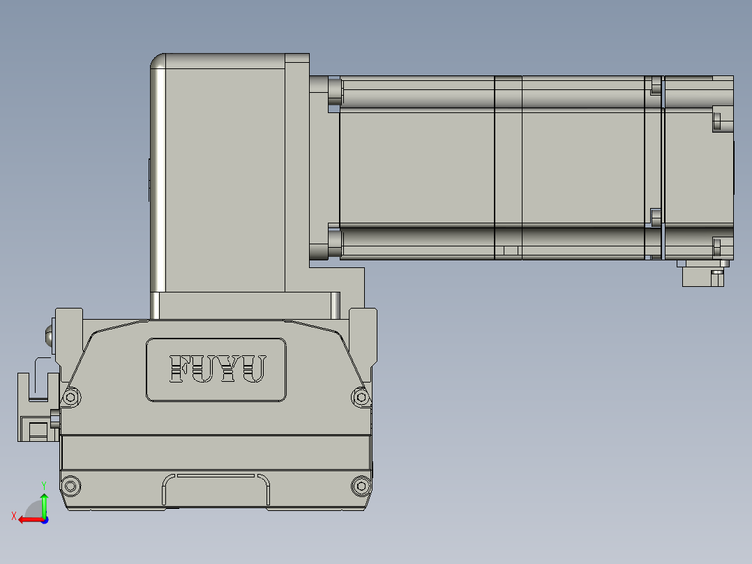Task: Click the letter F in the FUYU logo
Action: click(180, 369)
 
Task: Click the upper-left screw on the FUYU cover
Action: click(70, 397)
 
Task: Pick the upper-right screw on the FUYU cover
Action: click(361, 397)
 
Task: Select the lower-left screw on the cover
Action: click(70, 485)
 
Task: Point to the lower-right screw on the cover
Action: click(360, 485)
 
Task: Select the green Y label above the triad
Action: click(43, 484)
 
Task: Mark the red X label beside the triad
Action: click(13, 516)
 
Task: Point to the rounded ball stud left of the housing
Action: click(50, 336)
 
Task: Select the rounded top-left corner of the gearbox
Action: click(158, 62)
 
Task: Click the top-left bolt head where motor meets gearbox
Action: click(334, 89)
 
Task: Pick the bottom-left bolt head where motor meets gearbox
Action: click(334, 244)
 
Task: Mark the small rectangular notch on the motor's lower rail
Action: click(507, 250)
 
